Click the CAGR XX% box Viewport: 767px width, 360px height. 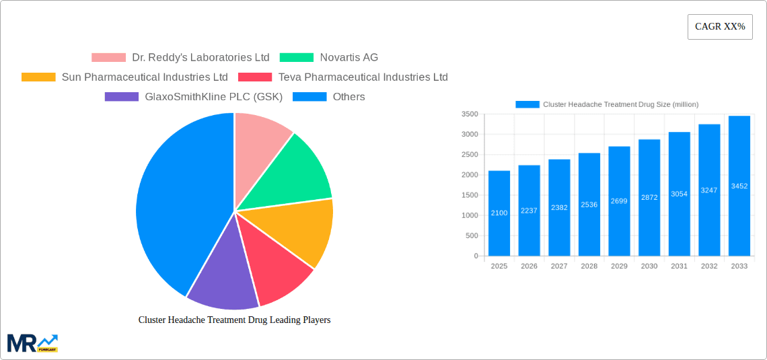click(x=719, y=27)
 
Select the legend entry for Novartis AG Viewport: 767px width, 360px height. click(x=329, y=58)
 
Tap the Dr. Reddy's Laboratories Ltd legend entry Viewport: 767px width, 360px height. click(x=180, y=58)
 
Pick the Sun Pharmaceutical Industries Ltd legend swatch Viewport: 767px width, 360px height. click(x=38, y=77)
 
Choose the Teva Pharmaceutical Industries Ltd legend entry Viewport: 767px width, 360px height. click(x=343, y=77)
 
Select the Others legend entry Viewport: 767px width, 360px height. click(x=329, y=97)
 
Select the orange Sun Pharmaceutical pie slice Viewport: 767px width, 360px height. click(x=299, y=232)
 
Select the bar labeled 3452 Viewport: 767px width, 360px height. click(x=739, y=186)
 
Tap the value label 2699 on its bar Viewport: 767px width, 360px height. click(x=619, y=201)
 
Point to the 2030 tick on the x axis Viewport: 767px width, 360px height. click(x=649, y=266)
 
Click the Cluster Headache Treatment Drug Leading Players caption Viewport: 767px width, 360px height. click(x=234, y=320)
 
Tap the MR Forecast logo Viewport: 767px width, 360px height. click(x=32, y=343)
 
